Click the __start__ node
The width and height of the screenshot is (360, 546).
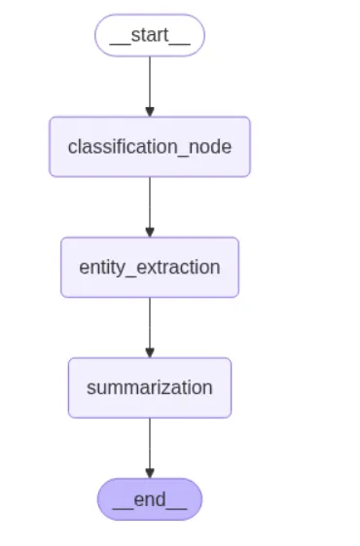click(149, 35)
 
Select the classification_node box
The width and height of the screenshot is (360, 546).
click(149, 147)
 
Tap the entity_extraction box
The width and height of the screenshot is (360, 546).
click(149, 267)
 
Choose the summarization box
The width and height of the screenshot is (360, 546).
click(149, 387)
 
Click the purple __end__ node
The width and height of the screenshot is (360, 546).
click(149, 499)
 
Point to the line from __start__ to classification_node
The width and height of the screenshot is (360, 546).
click(149, 83)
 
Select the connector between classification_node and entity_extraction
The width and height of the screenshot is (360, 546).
click(149, 202)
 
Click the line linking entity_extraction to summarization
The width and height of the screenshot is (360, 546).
click(149, 323)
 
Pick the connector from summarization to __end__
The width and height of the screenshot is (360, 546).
click(149, 444)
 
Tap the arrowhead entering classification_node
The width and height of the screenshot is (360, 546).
click(149, 111)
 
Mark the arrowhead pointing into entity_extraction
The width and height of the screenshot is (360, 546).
click(149, 232)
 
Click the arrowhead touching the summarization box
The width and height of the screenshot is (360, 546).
click(149, 352)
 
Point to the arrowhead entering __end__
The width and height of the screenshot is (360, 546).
click(149, 473)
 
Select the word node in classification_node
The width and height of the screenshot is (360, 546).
click(211, 147)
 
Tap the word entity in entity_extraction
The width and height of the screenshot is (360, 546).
click(101, 268)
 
